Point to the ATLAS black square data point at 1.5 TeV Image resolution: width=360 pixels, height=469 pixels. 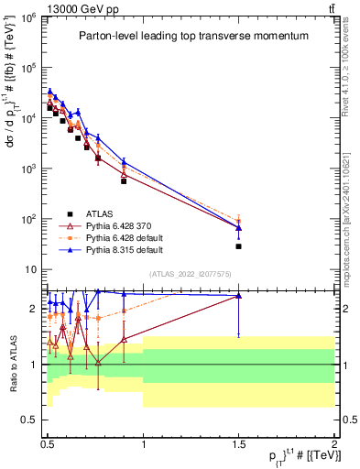[x=239, y=246]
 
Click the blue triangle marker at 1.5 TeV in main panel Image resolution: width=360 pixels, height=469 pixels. [x=239, y=227]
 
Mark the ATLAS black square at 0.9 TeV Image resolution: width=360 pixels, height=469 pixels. [x=124, y=180]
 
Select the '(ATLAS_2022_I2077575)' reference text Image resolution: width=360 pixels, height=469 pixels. [x=190, y=273]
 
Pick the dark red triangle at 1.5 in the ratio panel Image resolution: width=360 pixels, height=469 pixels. [x=239, y=296]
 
